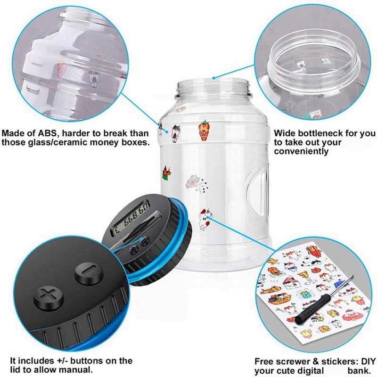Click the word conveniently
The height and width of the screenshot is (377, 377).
coord(301,151)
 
